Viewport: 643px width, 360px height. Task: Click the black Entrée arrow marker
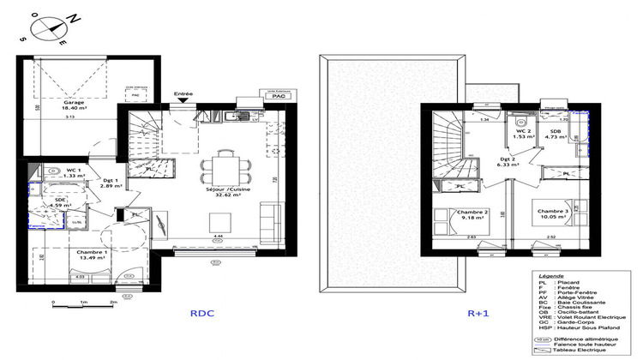tap(183, 102)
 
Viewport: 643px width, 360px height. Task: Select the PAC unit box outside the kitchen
tap(277, 97)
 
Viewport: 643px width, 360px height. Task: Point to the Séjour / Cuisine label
tap(221, 189)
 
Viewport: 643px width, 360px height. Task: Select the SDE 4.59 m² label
tap(58, 203)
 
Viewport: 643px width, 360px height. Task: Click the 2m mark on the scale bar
tap(113, 303)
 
